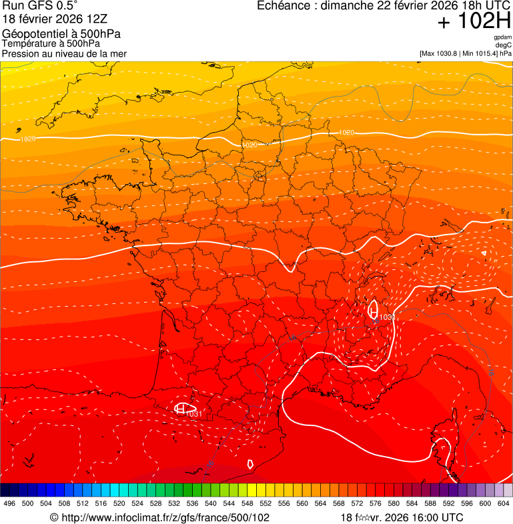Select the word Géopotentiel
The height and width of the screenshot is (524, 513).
[33, 33]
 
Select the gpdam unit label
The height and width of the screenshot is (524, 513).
[503, 37]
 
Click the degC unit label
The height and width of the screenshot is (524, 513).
[504, 45]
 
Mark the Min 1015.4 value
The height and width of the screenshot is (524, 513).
[482, 53]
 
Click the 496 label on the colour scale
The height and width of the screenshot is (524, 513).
[9, 504]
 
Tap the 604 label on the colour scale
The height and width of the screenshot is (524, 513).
[504, 504]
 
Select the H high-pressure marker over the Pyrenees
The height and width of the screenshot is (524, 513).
[179, 407]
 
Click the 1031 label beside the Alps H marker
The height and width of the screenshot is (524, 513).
[388, 317]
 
